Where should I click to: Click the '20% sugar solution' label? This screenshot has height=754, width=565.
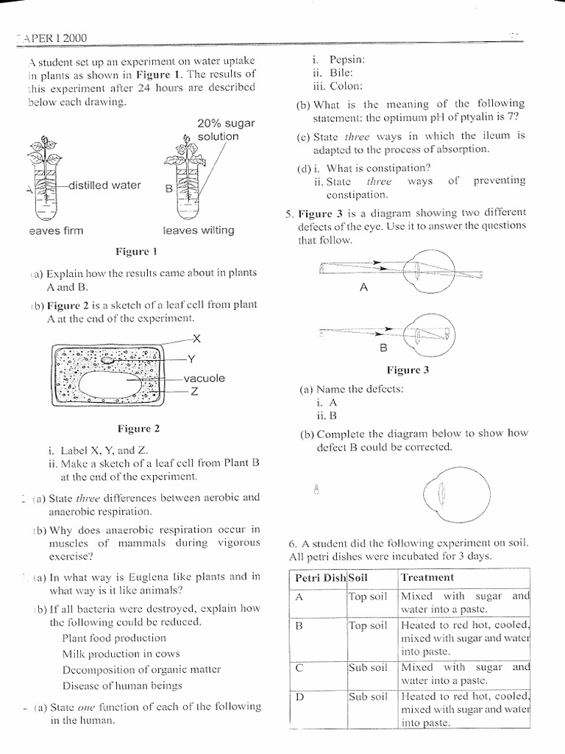tap(217, 130)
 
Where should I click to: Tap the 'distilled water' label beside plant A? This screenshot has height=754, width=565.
tap(104, 186)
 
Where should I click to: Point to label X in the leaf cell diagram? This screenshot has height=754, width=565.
tap(196, 339)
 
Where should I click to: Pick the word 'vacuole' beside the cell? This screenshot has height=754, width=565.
tap(205, 378)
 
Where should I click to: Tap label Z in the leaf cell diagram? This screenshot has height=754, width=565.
tap(195, 391)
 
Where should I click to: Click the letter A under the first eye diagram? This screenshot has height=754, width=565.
tap(363, 289)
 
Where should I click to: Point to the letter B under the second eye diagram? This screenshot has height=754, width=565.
tap(383, 346)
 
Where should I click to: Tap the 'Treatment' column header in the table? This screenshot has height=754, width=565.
tap(427, 578)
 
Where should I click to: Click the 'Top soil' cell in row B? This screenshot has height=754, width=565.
tap(368, 625)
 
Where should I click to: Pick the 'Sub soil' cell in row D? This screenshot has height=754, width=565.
tap(368, 695)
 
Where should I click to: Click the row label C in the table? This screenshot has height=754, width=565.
tap(299, 668)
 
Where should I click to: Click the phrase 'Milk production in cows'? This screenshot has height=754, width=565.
tap(121, 653)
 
